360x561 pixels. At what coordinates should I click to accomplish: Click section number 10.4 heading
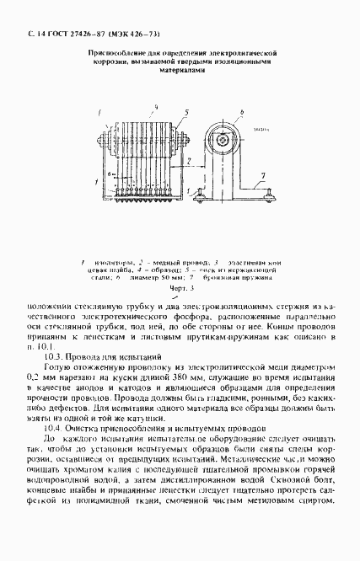tap(54, 428)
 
